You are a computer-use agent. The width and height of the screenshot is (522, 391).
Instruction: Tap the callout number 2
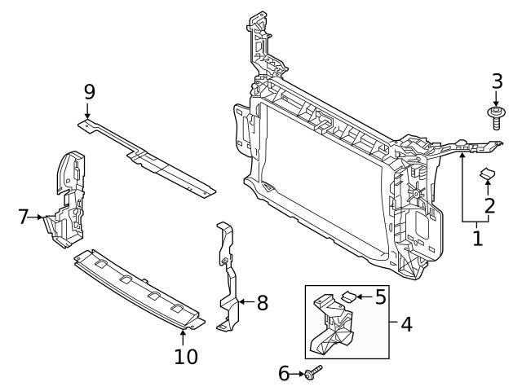tap(489, 205)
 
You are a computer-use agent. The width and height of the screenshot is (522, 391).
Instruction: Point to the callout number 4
tap(406, 323)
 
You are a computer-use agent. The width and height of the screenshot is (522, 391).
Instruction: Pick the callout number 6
tap(285, 374)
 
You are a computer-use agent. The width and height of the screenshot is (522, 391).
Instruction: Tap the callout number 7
tap(24, 216)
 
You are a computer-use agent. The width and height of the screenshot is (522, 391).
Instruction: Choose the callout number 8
tap(262, 303)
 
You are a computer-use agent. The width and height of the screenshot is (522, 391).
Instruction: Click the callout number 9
tap(89, 90)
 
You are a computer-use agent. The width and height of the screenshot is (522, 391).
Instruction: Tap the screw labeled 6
tap(313, 374)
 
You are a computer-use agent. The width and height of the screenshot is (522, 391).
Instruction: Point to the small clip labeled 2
tap(488, 173)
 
